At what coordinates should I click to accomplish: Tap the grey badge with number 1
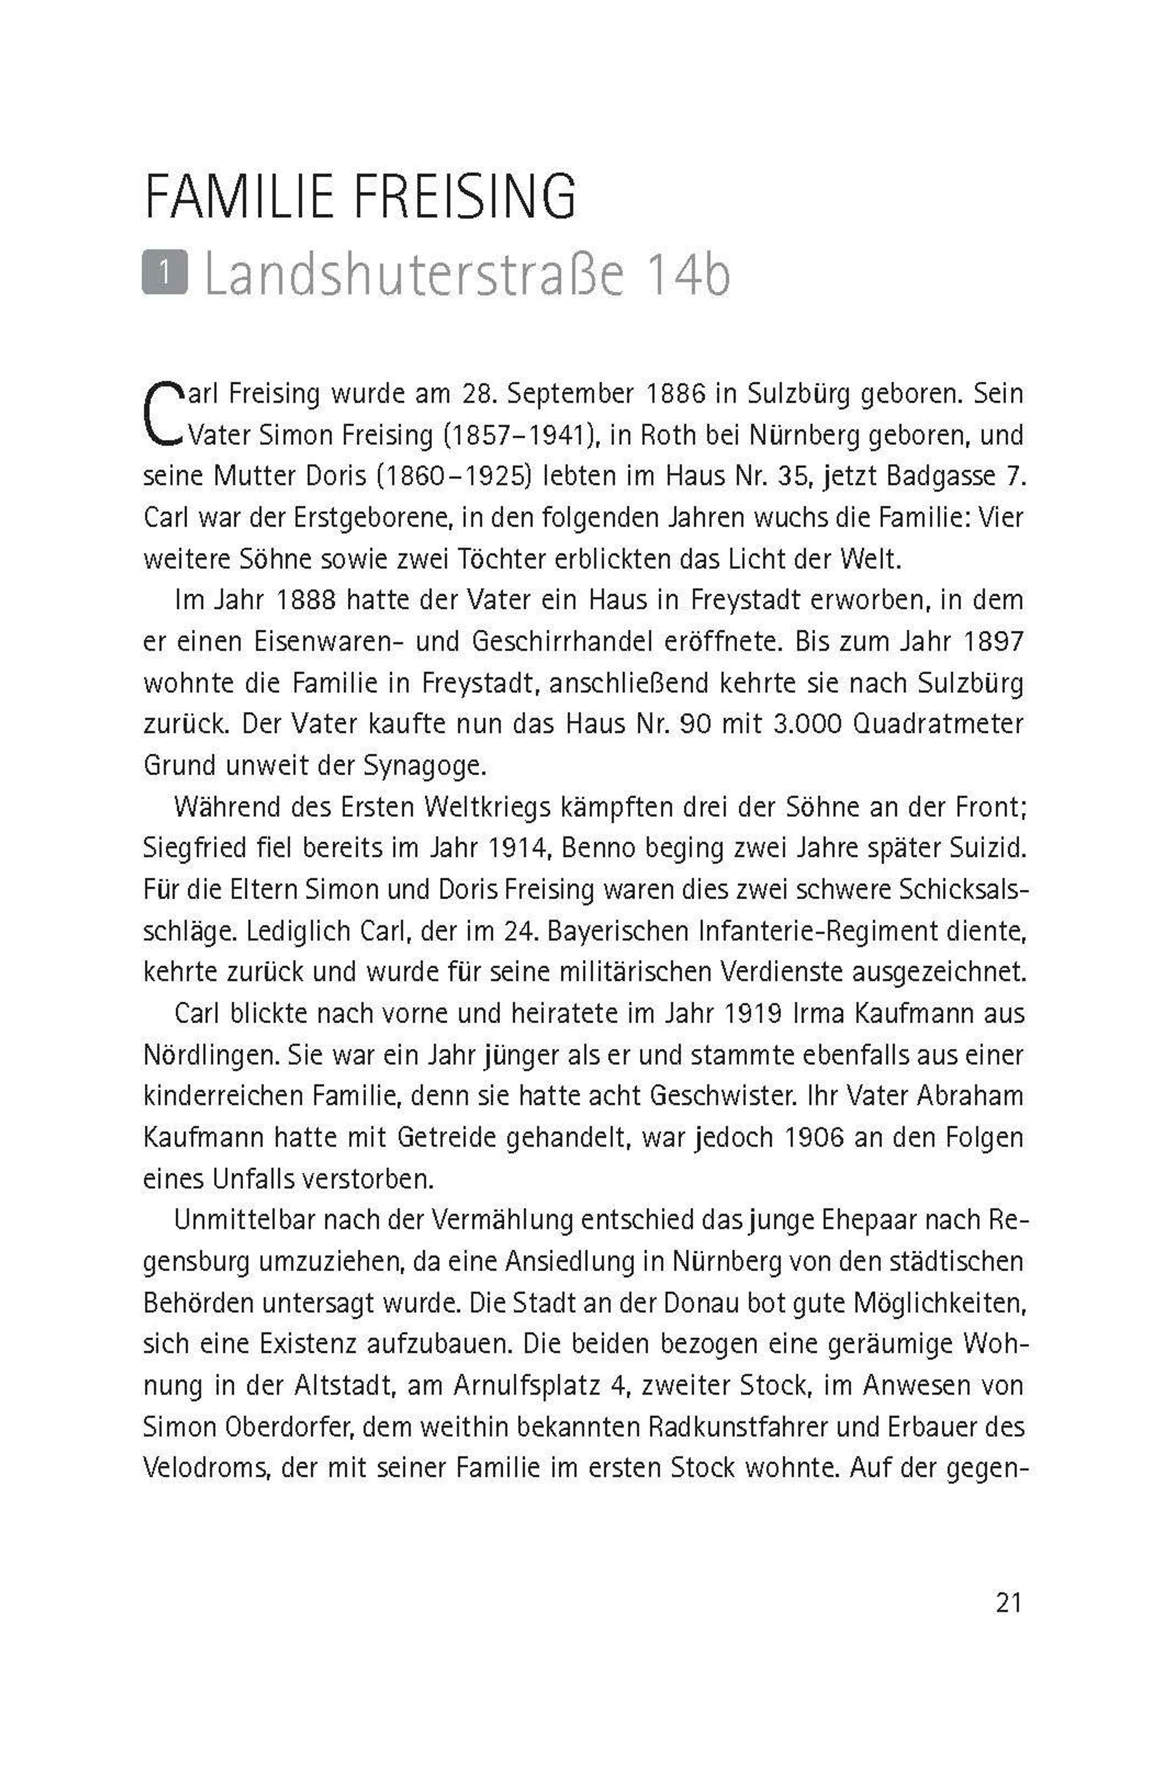164,275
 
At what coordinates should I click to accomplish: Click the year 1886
675,394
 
